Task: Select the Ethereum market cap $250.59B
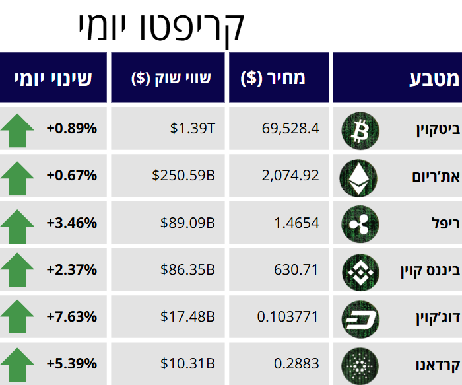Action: (x=183, y=176)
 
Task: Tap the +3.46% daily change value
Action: (x=72, y=223)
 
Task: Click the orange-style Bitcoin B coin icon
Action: (x=360, y=129)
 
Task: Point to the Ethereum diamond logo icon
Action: (x=360, y=176)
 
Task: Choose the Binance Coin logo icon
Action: (x=360, y=270)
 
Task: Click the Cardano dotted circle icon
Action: (x=360, y=364)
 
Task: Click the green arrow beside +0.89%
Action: (x=17, y=129)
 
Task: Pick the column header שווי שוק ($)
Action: (x=171, y=79)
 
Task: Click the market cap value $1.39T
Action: (x=193, y=128)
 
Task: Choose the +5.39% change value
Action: (x=72, y=363)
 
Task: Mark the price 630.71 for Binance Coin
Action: (x=296, y=269)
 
